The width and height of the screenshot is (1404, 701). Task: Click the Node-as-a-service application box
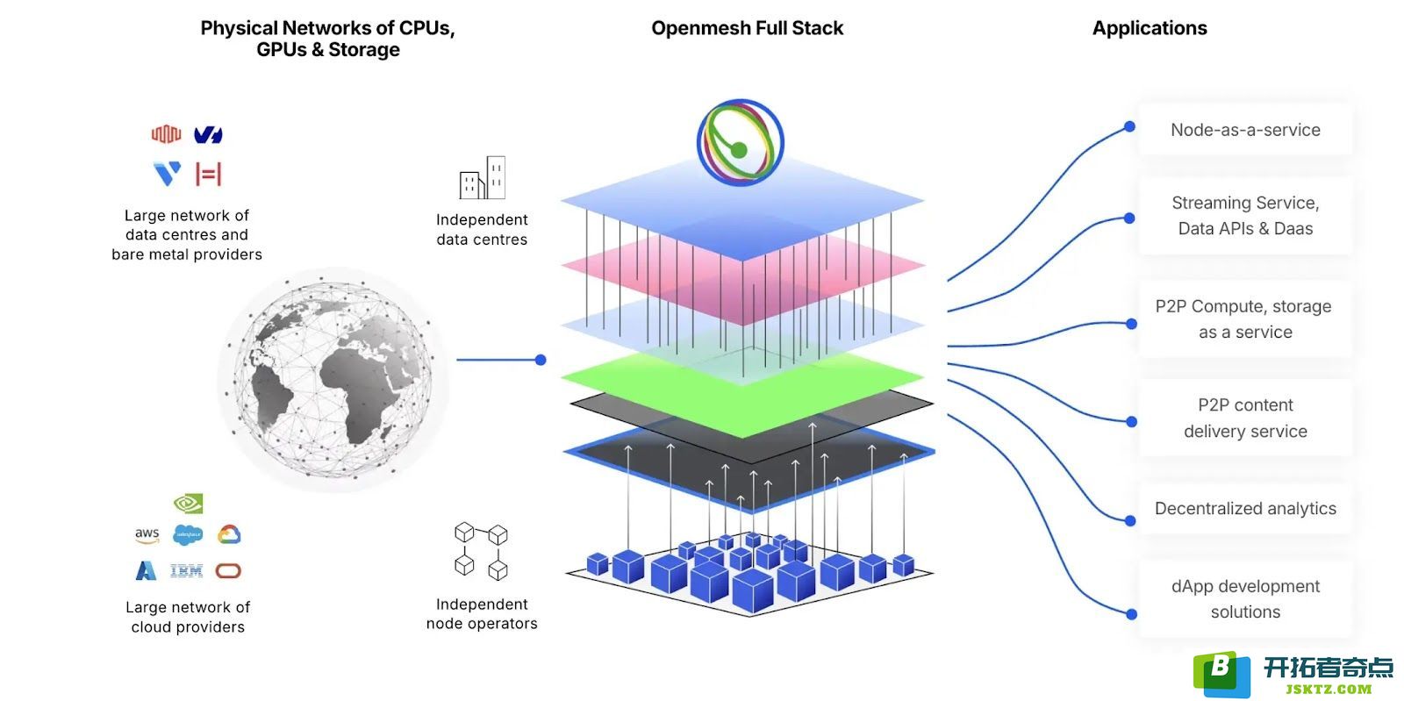pos(1245,130)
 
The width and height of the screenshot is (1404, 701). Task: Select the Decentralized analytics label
pos(1245,508)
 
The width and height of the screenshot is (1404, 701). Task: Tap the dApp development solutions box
pos(1245,599)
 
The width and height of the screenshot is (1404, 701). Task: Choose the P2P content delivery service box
pos(1245,418)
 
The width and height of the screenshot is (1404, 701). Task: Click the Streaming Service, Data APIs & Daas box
pos(1245,216)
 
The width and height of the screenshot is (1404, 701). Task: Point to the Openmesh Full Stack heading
pos(747,28)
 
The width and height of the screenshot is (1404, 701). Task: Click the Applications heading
pos(1150,28)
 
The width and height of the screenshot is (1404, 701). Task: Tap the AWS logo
pos(147,534)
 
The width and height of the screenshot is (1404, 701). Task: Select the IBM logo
pos(186,570)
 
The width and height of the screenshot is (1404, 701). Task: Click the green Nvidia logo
pos(188,503)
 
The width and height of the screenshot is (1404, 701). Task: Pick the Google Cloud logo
pos(229,533)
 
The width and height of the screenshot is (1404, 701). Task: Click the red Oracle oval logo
pos(228,570)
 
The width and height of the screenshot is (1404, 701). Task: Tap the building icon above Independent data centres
pos(482,177)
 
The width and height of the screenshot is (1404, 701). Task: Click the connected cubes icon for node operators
pos(481,551)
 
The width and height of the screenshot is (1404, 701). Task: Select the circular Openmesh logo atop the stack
pos(741,143)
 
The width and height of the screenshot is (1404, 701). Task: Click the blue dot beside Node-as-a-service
pos(1129,127)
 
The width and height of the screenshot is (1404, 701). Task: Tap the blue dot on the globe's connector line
pos(541,360)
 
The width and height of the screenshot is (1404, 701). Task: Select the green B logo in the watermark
pos(1221,674)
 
